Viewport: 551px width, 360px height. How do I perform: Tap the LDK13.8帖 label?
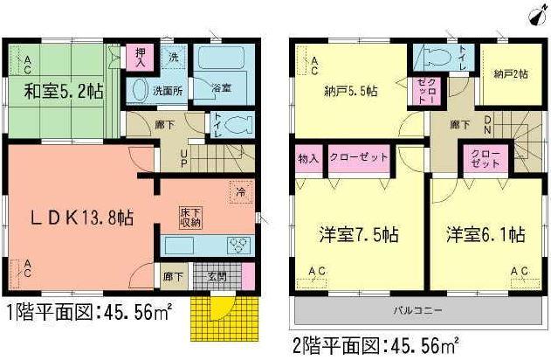tap(83, 219)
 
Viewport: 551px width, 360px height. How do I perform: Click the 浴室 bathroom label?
tap(220, 88)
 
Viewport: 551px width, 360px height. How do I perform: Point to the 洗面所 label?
tap(168, 89)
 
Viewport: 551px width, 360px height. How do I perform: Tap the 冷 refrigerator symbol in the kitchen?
tap(239, 191)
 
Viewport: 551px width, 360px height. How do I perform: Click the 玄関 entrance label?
tap(217, 277)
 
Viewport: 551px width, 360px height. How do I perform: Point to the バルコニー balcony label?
tap(416, 310)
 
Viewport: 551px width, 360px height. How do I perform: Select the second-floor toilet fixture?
tap(430, 58)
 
